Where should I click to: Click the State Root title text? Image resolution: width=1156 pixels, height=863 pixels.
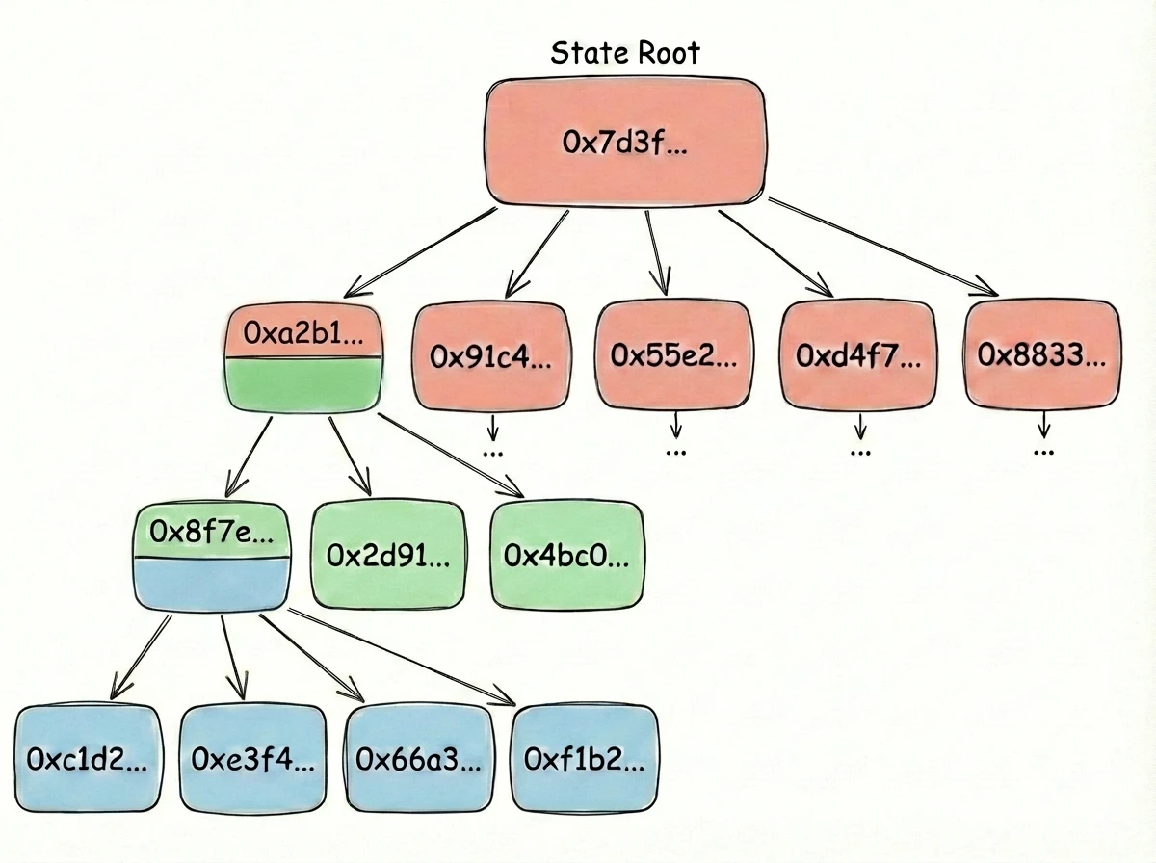coord(624,52)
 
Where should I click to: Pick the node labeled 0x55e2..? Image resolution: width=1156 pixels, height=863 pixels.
coord(673,354)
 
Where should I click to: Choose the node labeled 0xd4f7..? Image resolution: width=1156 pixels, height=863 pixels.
coord(856,354)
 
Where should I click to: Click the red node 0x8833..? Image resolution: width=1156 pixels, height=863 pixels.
coord(1040,354)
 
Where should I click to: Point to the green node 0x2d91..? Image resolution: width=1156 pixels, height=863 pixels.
coord(387,556)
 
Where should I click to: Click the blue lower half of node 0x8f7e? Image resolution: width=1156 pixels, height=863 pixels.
coord(213,583)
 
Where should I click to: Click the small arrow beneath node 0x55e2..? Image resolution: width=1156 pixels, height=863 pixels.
coord(675,424)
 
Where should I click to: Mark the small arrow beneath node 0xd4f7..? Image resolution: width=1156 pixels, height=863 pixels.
coord(860,424)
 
